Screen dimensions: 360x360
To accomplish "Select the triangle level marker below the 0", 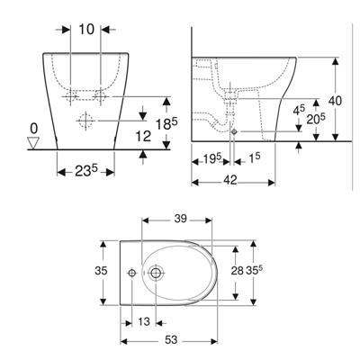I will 34,142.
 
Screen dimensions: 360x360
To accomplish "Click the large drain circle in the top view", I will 157,271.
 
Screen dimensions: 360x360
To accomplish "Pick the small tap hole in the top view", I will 130,271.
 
